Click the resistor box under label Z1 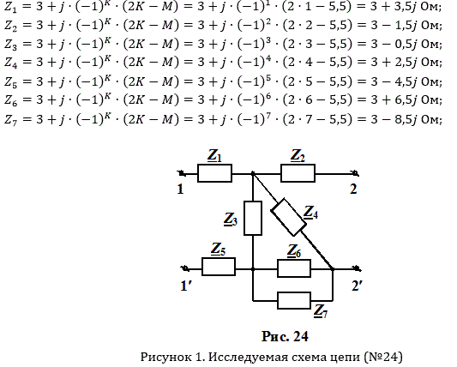[215, 173]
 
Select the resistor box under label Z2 [298, 173]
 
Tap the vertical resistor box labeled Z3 [253, 218]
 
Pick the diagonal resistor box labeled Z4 [289, 217]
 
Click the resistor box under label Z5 [219, 267]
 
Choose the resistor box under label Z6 [294, 268]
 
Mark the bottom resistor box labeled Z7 [294, 300]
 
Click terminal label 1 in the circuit [180, 190]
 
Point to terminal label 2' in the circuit [357, 286]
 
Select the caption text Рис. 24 [285, 336]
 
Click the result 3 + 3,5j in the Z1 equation [394, 6]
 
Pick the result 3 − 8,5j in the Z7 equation [394, 119]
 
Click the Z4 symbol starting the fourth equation [10, 63]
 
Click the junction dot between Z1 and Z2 [253, 174]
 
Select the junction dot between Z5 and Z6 [253, 268]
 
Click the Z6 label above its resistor [294, 251]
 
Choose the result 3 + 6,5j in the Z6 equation [394, 100]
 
